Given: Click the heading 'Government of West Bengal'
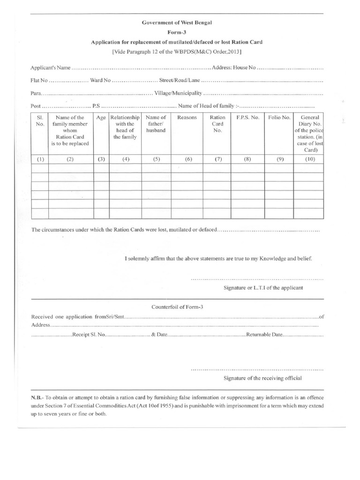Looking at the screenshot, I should pyautogui.click(x=177, y=22).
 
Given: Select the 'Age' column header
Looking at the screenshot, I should pyautogui.click(x=101, y=118).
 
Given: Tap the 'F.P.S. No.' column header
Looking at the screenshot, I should pyautogui.click(x=248, y=118).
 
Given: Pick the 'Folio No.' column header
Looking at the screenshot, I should pyautogui.click(x=280, y=118).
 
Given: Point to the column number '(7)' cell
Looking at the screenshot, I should pyautogui.click(x=218, y=159).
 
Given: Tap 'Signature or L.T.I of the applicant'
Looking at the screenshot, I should pyautogui.click(x=263, y=287).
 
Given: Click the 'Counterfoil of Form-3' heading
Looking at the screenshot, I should pyautogui.click(x=177, y=307).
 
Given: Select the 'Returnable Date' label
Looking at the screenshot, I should pyautogui.click(x=264, y=336).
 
